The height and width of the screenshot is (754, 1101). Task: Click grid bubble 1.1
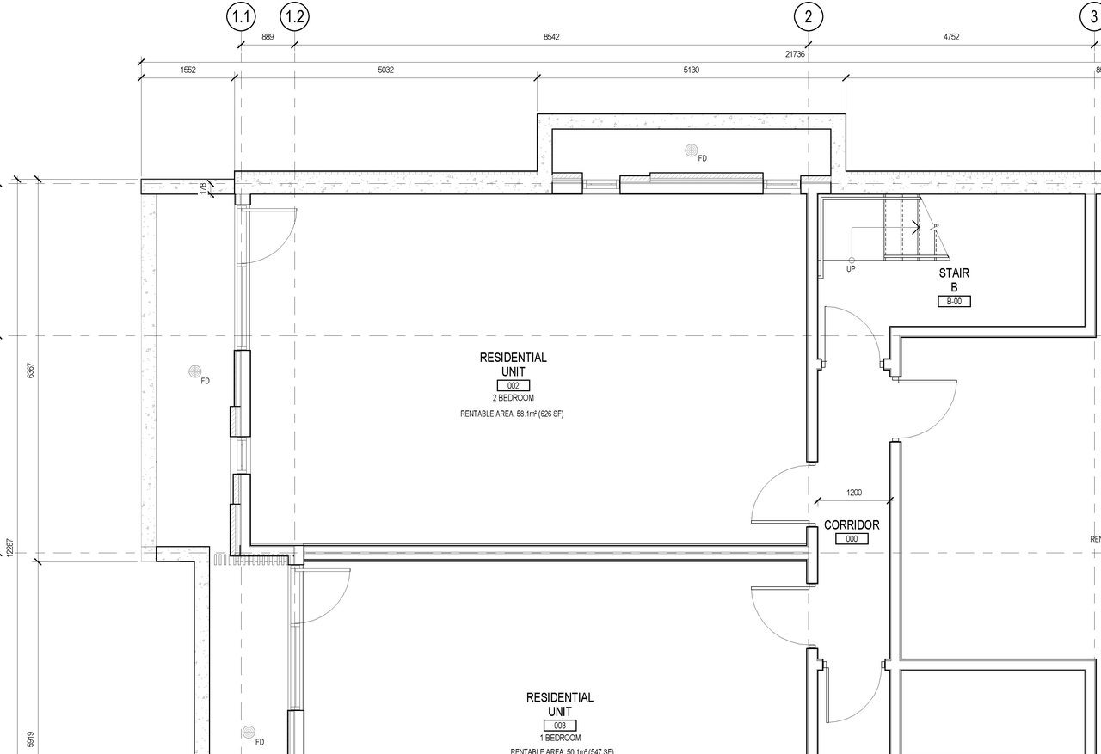tap(241, 16)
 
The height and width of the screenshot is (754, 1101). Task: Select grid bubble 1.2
tap(294, 16)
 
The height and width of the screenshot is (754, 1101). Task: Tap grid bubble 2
tap(808, 16)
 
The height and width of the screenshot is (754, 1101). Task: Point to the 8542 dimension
tap(551, 37)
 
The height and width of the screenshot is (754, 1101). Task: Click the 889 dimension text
tap(268, 37)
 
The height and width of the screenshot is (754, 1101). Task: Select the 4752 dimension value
tap(951, 37)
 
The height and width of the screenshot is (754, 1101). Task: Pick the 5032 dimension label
tap(385, 70)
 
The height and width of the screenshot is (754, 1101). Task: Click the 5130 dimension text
tap(691, 70)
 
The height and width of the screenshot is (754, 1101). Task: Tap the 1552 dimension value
tap(188, 70)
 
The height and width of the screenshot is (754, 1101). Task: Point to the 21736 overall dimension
tap(795, 54)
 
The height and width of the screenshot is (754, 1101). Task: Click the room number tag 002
tap(513, 386)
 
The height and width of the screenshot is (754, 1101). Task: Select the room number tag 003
tap(559, 726)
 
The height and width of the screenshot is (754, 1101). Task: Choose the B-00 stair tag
tap(954, 302)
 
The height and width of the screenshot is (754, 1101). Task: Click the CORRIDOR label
tap(852, 525)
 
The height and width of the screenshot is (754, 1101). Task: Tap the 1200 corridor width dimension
tap(853, 493)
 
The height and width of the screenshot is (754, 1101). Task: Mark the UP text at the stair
tap(851, 269)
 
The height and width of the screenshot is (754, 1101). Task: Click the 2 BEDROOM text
tap(513, 398)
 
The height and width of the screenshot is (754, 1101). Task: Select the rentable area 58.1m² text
tap(512, 414)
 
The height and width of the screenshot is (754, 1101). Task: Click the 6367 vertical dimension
tap(31, 371)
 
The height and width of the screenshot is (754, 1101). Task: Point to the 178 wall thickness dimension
tap(203, 187)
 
